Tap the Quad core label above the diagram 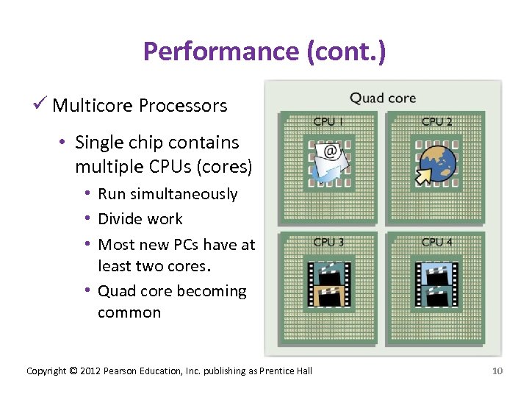pos(383,97)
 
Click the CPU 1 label pos(328,121)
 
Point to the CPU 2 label pos(437,121)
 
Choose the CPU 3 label pos(328,241)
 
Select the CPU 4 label pos(437,241)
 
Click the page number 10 pos(497,371)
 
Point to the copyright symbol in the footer pos(73,371)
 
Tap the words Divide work pos(140,219)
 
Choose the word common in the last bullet pos(129,312)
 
